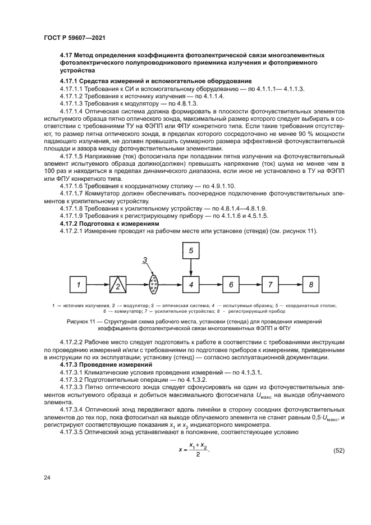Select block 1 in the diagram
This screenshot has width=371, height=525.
pos(79,285)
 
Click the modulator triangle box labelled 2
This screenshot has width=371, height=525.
pos(118,285)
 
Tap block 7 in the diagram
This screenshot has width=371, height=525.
pos(270,285)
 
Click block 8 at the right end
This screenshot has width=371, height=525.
pos(310,285)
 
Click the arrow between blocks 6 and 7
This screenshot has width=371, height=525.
pos(250,285)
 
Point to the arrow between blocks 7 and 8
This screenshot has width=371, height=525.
pos(290,285)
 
